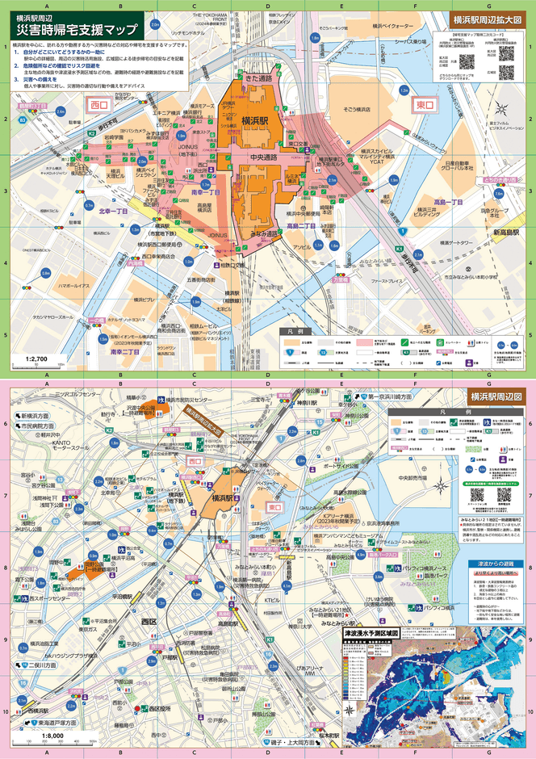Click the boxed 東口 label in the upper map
(x=423, y=105)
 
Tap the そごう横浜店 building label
(x=355, y=108)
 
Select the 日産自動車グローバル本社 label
(x=457, y=166)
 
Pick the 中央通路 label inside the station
(x=262, y=157)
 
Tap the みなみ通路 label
(x=263, y=234)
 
